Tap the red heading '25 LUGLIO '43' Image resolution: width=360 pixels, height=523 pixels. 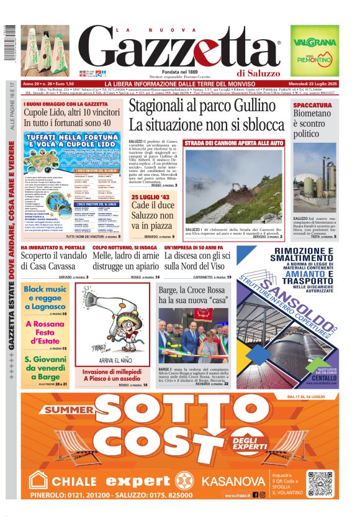point(151,198)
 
